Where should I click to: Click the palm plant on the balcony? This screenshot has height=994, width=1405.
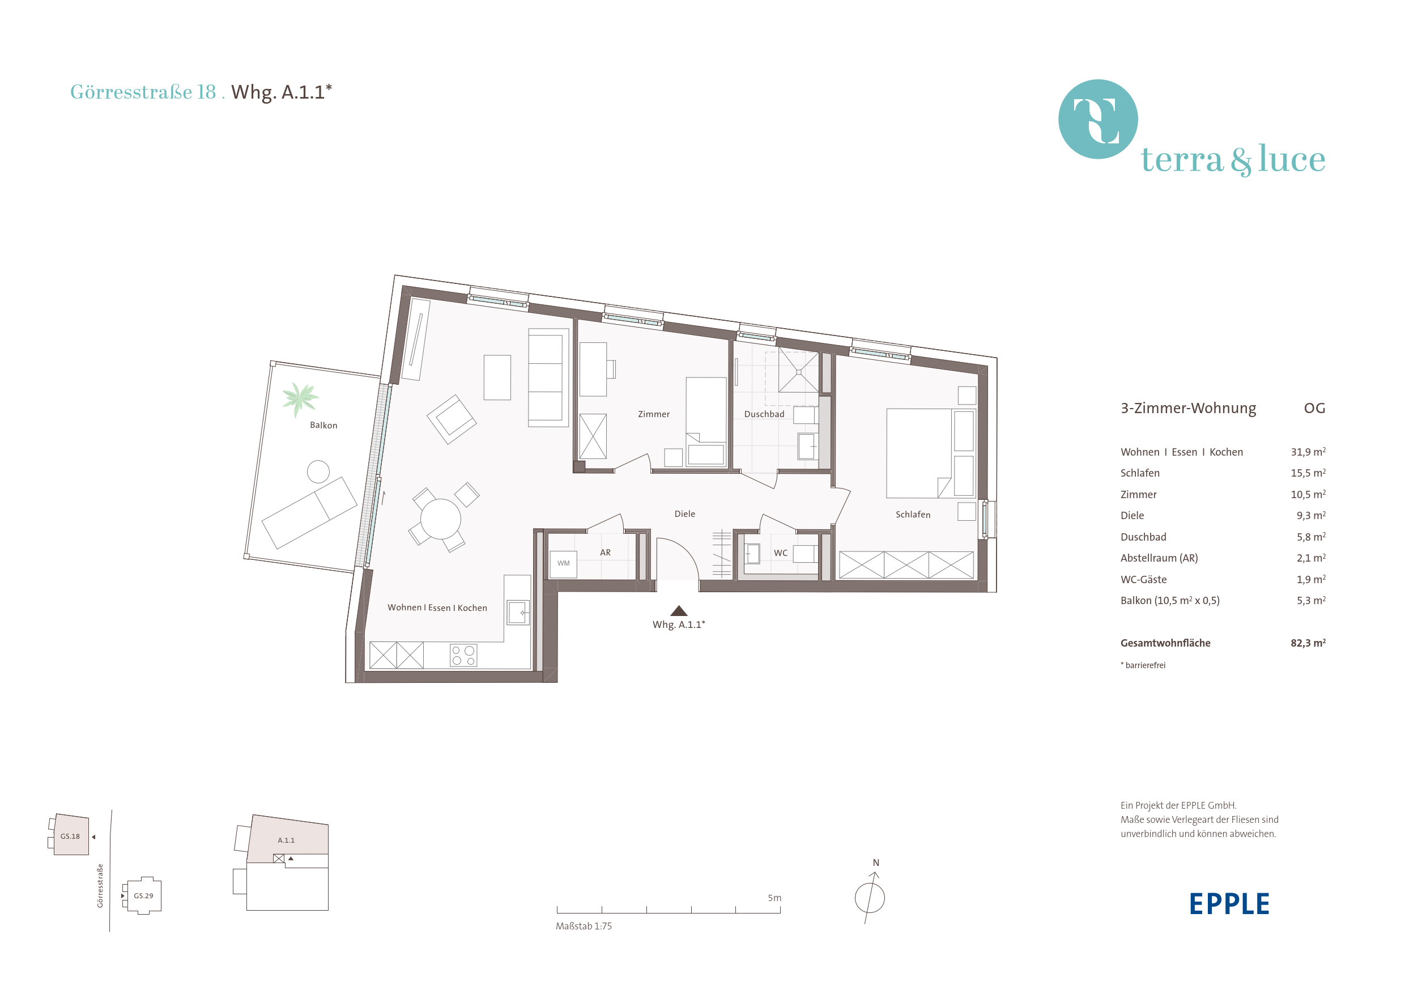point(300,398)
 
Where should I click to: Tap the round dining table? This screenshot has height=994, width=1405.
point(441,519)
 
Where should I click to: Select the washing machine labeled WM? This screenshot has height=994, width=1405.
point(563,563)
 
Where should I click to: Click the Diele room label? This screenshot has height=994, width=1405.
point(685,514)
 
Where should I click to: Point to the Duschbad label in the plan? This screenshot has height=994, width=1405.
point(764,414)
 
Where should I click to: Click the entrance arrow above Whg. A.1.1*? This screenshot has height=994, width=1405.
point(679,610)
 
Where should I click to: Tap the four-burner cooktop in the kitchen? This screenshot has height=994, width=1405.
point(463,656)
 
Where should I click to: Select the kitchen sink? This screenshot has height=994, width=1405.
point(518,612)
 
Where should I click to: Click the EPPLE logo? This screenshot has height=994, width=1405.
point(1229,904)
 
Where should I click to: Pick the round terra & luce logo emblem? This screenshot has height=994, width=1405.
point(1098,120)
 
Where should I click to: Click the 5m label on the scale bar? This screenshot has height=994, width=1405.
point(774,898)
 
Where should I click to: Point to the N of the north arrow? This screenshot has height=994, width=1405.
point(876,863)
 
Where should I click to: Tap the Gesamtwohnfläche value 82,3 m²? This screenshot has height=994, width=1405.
point(1308,643)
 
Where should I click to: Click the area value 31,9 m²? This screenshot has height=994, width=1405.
point(1308,452)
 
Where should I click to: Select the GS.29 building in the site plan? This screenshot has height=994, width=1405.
point(143,895)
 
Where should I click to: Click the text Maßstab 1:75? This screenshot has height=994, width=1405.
point(583,926)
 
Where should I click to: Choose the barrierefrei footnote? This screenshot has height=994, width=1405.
point(1143,665)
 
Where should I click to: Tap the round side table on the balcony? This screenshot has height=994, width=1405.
point(318,471)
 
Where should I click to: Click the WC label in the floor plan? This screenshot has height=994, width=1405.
point(780,553)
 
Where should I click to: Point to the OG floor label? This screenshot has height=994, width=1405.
point(1314,408)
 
